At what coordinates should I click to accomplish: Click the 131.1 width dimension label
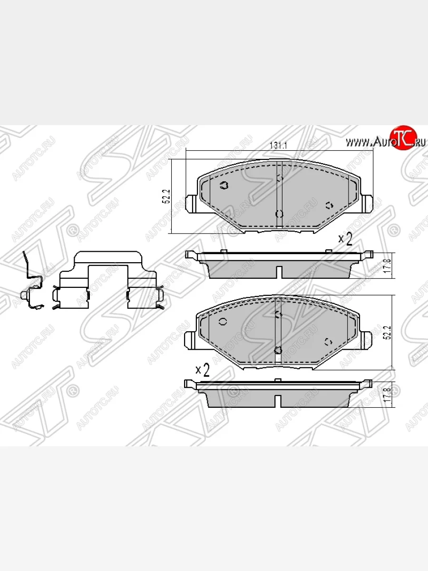(x=278, y=145)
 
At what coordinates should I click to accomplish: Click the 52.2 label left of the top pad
(x=167, y=196)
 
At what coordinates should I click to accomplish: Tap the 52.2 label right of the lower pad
(x=388, y=332)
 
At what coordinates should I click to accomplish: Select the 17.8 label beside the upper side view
(x=388, y=266)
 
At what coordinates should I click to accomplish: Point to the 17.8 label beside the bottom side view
(x=388, y=395)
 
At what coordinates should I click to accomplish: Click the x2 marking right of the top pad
(x=345, y=239)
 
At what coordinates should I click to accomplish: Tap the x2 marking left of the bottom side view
(x=203, y=370)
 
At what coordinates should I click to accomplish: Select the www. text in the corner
(x=360, y=143)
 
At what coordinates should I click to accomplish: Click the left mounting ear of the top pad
(x=191, y=203)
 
